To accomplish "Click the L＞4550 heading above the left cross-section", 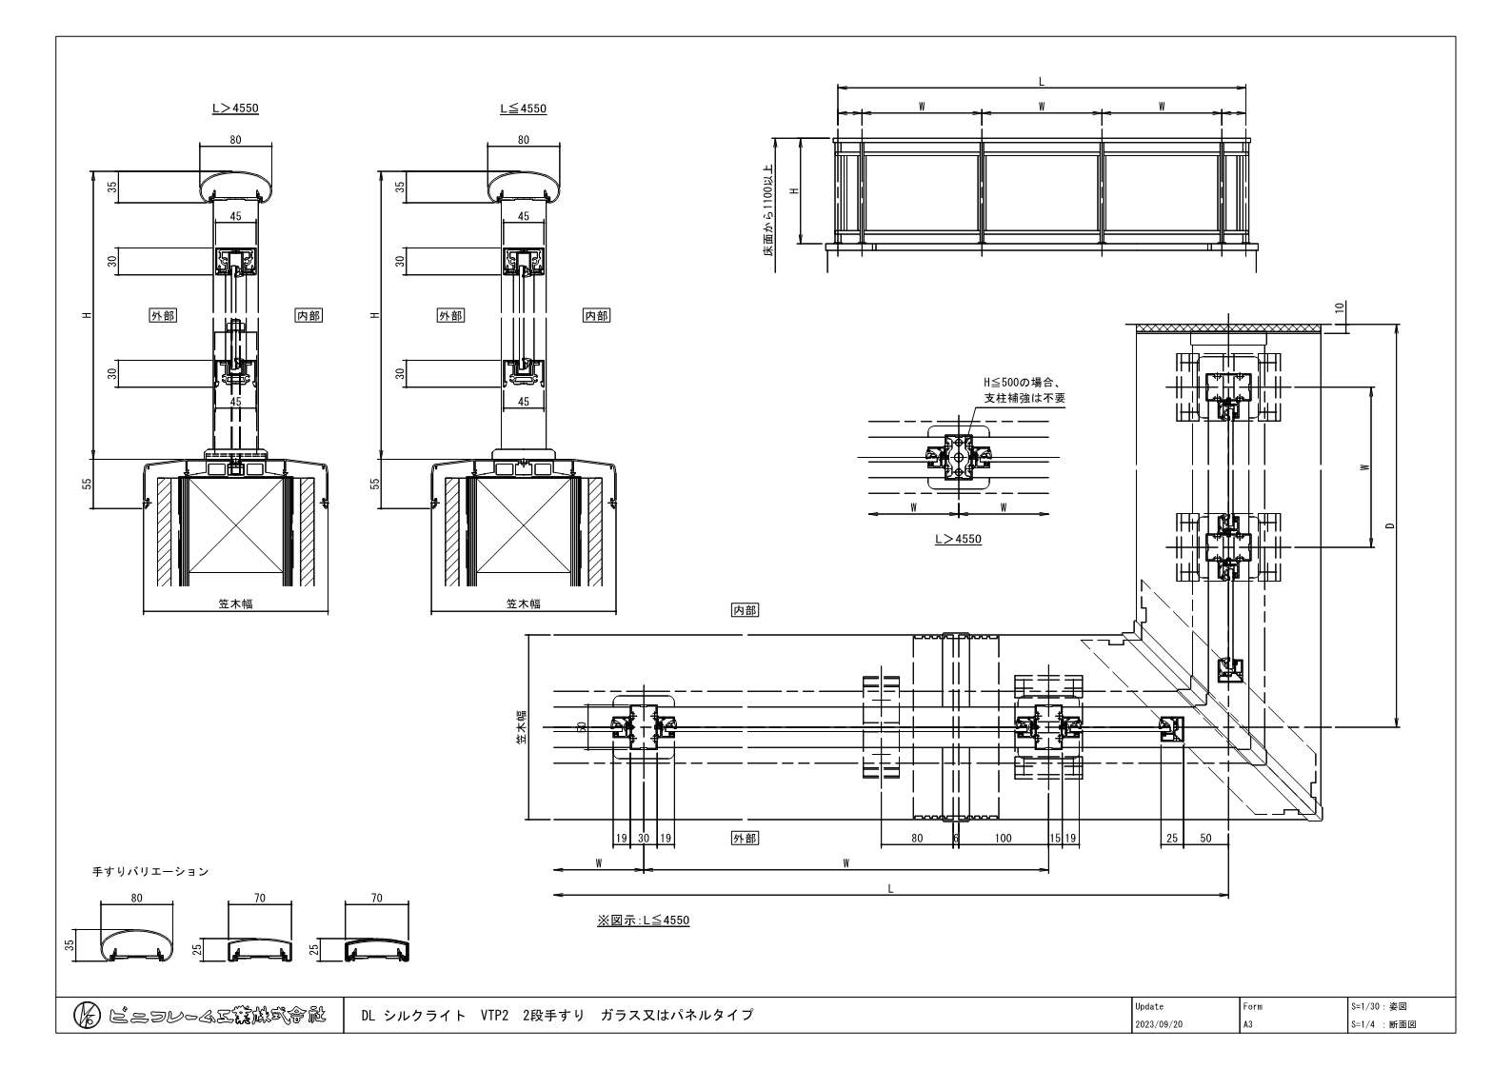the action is tap(235, 108).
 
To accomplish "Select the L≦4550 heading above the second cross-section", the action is tap(523, 108).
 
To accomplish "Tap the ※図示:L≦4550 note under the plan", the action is tap(644, 920).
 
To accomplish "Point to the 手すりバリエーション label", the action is tap(150, 871).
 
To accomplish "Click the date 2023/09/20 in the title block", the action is tap(1159, 1023).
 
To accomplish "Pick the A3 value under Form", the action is tap(1248, 1023).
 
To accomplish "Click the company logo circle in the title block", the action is tap(86, 1015).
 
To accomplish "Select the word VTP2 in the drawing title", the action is tap(494, 1015).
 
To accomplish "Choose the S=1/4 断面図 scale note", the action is tap(1383, 1023).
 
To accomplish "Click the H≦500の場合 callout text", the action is tap(1024, 383).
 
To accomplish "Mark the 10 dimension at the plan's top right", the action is tap(1340, 307).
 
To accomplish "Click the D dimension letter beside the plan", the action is tap(1390, 526).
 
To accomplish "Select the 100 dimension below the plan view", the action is tap(1003, 839).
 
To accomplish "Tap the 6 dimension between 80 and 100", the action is tap(956, 839).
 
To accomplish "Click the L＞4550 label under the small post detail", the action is tap(959, 539).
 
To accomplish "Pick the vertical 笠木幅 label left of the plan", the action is tap(521, 727).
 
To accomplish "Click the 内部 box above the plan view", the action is tap(745, 610).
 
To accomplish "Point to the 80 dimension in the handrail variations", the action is tap(137, 899).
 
